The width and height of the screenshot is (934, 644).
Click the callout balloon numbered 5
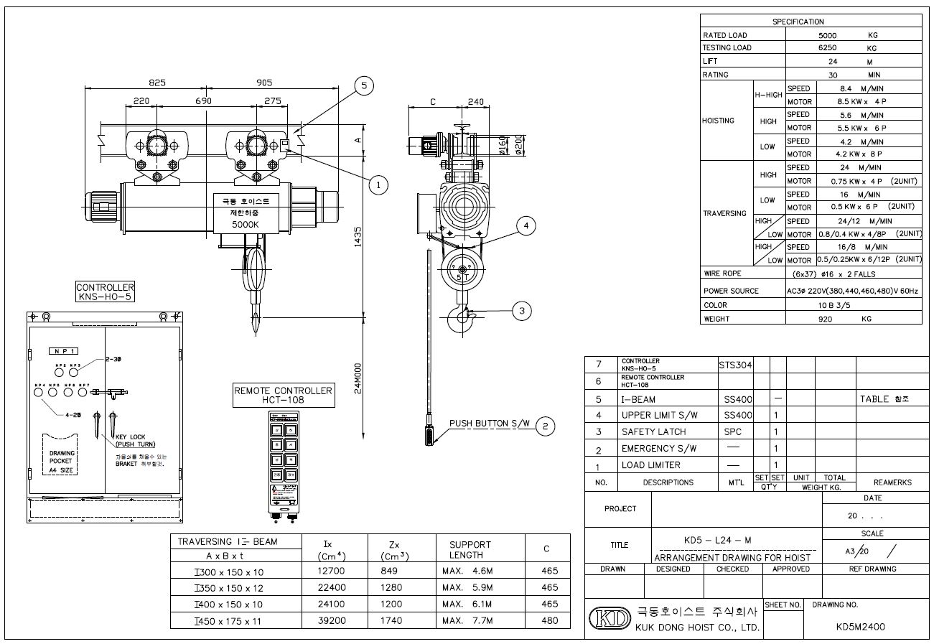[364, 85]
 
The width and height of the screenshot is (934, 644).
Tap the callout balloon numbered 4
[526, 226]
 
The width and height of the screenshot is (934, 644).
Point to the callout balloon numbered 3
[522, 310]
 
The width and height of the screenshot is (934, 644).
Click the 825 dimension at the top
[157, 83]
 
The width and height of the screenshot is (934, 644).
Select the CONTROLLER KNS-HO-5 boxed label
[105, 291]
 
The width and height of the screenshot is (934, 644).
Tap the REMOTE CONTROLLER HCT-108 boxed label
[284, 396]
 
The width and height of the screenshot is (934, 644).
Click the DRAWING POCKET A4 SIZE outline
[61, 456]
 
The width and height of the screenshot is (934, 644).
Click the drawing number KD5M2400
[860, 626]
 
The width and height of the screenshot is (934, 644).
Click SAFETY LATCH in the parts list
[653, 431]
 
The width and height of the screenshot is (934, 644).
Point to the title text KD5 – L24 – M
[719, 540]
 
